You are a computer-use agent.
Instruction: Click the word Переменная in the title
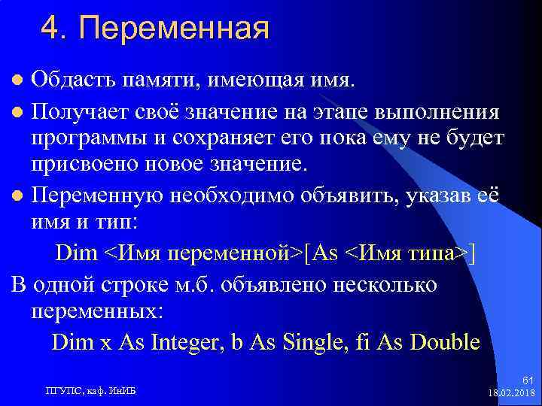(174, 30)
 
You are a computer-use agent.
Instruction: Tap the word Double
(444, 343)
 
